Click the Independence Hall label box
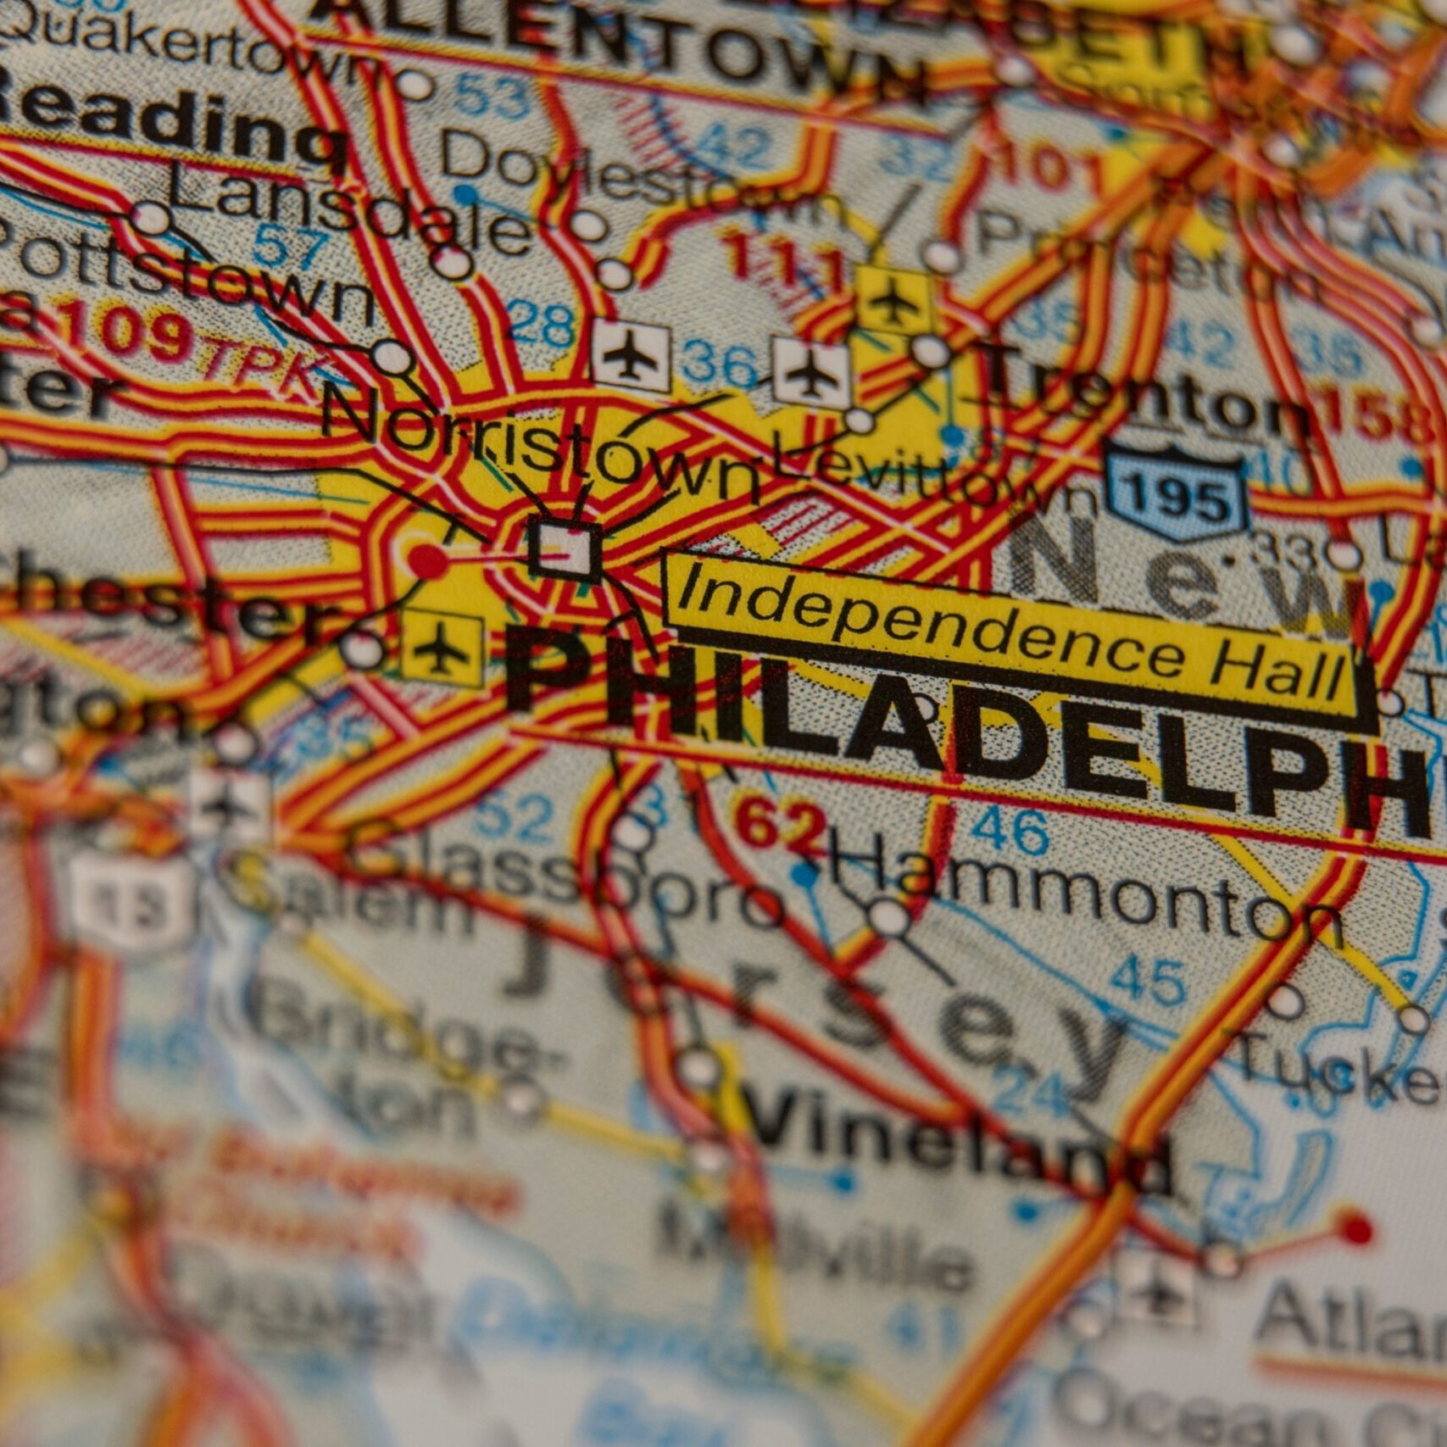point(1009,642)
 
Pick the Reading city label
point(170,127)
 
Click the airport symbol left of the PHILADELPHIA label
point(440,647)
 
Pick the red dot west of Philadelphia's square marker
point(426,560)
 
